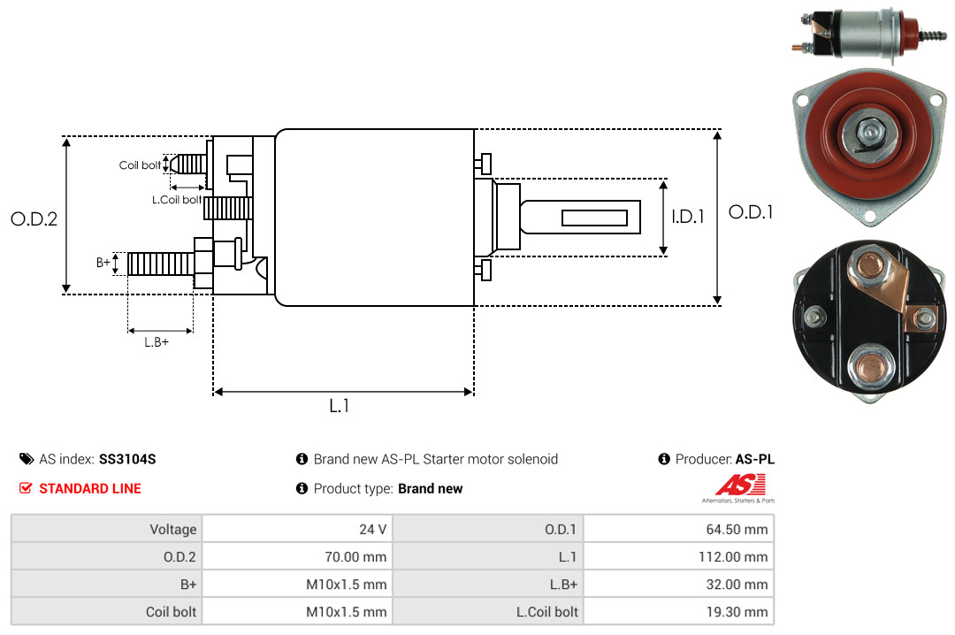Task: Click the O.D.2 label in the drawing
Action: tap(34, 218)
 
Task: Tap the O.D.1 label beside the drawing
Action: tap(751, 212)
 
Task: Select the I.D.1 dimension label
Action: tap(688, 217)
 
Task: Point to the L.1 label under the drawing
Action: tap(340, 406)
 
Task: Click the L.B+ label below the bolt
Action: tap(157, 342)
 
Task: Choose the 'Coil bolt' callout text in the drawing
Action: tap(140, 165)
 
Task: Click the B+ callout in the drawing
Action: tap(103, 263)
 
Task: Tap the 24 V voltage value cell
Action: tap(373, 529)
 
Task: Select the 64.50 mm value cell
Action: tap(737, 529)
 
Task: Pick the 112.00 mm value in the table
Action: tap(733, 557)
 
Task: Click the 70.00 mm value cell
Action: tap(355, 557)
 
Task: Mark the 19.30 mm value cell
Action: tap(737, 612)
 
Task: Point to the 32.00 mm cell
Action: tap(737, 585)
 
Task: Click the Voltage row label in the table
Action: tap(173, 529)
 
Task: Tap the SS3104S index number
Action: tap(127, 459)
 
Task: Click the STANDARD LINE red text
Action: tap(90, 489)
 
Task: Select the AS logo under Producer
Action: tap(738, 488)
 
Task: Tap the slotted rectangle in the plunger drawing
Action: tap(594, 218)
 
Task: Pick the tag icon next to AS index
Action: tap(27, 459)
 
